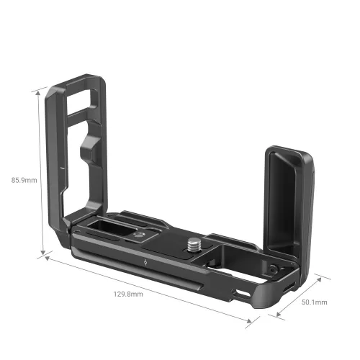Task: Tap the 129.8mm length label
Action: (x=128, y=294)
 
